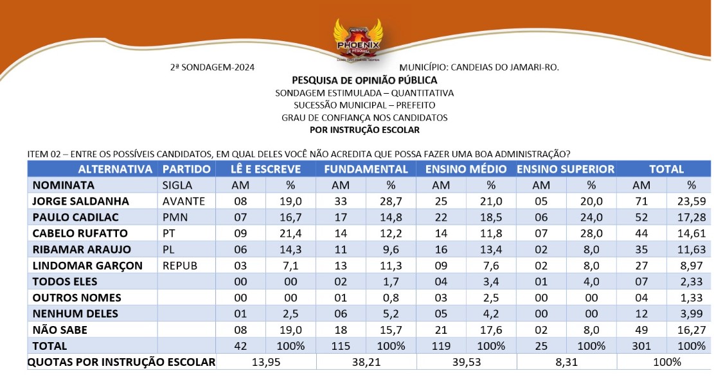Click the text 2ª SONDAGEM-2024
tap(212, 67)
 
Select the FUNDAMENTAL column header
tap(366, 169)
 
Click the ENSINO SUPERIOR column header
tap(566, 169)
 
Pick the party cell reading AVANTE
tap(184, 201)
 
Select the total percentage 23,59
tap(691, 201)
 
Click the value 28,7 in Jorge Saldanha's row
tap(391, 201)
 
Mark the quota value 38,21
tap(366, 362)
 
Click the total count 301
tap(641, 346)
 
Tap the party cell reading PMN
tap(174, 217)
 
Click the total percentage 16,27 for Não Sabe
tap(691, 330)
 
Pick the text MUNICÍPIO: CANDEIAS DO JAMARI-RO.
tap(479, 67)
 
